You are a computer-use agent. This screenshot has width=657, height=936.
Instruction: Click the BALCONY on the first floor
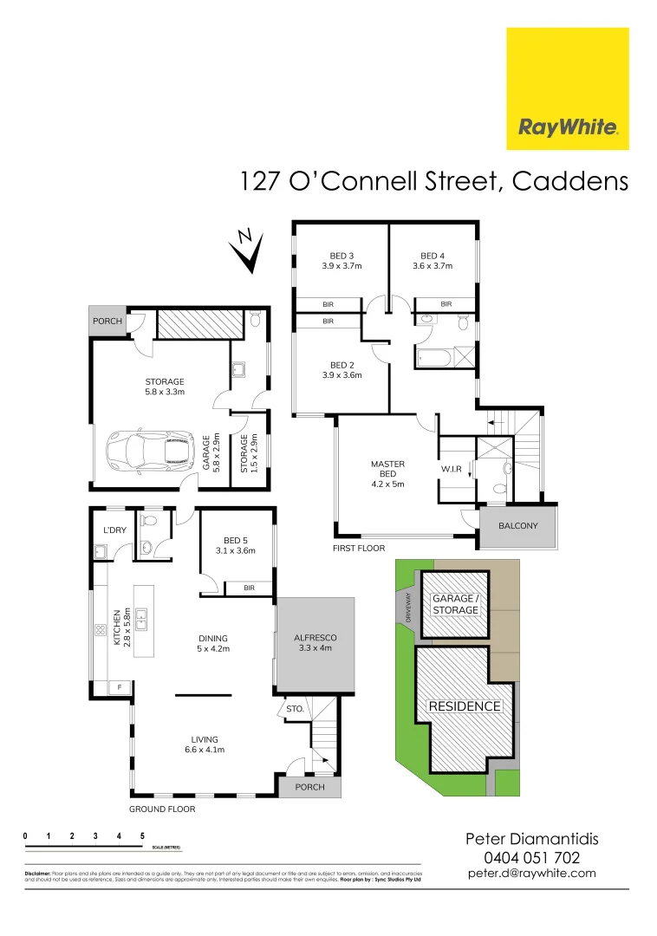518,526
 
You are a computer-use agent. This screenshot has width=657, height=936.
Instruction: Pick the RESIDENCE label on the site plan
465,706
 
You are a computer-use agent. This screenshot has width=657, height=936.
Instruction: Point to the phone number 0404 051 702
531,857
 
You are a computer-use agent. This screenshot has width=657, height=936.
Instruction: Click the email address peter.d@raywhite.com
531,873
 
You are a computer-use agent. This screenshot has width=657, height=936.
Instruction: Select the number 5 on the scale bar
142,836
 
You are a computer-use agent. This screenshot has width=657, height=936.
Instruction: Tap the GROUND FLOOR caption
162,809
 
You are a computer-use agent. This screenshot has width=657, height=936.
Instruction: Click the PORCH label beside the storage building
107,321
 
